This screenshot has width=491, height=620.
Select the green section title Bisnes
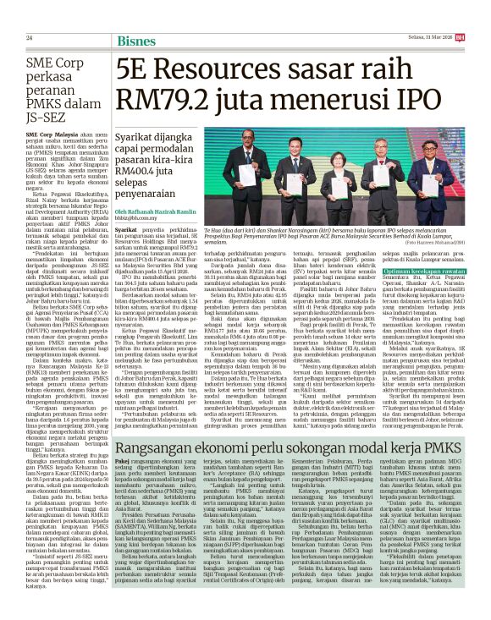(x=135, y=38)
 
